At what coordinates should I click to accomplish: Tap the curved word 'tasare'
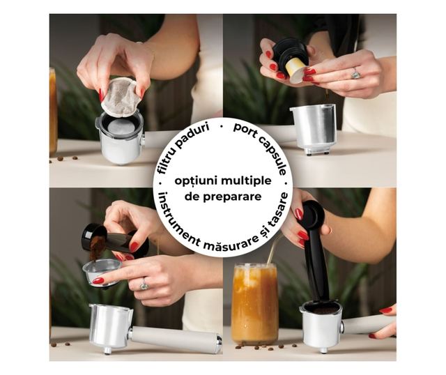(x=277, y=212)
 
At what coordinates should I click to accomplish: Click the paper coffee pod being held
(x=121, y=98)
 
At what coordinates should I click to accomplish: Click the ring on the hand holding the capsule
(x=355, y=74)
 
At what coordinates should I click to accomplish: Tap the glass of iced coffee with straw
(x=255, y=304)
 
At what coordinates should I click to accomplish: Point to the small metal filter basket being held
(x=101, y=273)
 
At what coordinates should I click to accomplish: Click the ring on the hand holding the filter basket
(x=144, y=285)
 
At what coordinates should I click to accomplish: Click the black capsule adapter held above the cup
(x=290, y=53)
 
